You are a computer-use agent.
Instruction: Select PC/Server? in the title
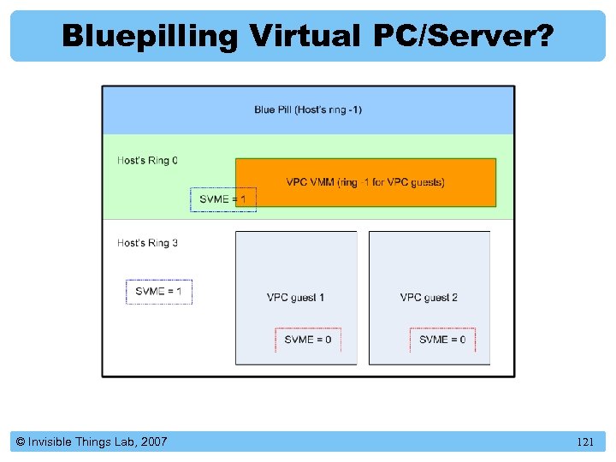[x=462, y=36]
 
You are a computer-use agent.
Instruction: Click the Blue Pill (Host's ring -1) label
[x=308, y=110]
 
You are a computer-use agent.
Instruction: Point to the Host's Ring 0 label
[x=148, y=160]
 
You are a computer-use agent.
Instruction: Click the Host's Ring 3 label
[x=148, y=243]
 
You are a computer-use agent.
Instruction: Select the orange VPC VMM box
[x=365, y=182]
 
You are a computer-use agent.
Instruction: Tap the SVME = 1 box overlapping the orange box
[x=222, y=199]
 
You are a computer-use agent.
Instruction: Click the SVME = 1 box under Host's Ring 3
[x=159, y=292]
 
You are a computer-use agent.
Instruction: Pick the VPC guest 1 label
[x=296, y=298]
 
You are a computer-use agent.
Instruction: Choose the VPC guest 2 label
[x=429, y=298]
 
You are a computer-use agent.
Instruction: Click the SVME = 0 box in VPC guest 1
[x=308, y=340]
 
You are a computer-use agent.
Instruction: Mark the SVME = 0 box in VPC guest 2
[x=442, y=340]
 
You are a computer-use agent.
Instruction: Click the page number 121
[x=585, y=442]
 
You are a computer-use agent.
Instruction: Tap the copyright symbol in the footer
[x=20, y=442]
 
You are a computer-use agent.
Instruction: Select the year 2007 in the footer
[x=153, y=442]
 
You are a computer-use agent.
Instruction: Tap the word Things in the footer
[x=92, y=442]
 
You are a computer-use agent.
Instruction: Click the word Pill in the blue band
[x=288, y=110]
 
